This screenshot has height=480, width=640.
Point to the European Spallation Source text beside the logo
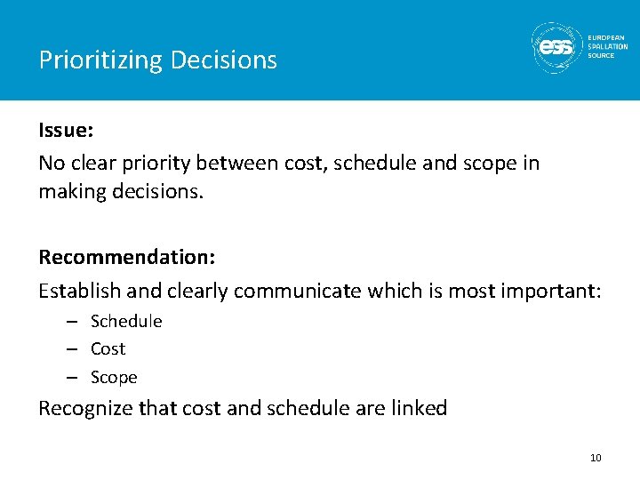click(x=607, y=46)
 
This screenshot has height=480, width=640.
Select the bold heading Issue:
click(x=66, y=130)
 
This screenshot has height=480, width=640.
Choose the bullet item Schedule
click(x=126, y=321)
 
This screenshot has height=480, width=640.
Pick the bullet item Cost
click(x=108, y=348)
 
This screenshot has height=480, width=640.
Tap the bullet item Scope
click(x=114, y=377)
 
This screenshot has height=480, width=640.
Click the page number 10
click(x=596, y=458)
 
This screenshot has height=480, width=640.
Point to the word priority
click(x=156, y=164)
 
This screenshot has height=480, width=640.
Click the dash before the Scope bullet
click(x=74, y=377)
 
